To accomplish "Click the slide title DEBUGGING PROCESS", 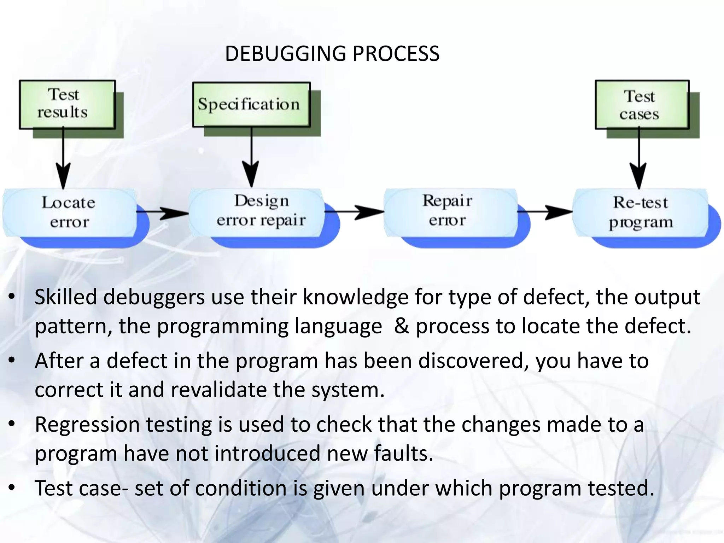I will pyautogui.click(x=332, y=54).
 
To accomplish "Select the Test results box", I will pyautogui.click(x=67, y=104).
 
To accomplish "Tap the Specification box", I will pyautogui.click(x=251, y=104).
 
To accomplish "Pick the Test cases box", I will pyautogui.click(x=642, y=105).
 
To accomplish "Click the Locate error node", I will pyautogui.click(x=69, y=212).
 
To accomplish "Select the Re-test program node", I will pyautogui.click(x=641, y=212).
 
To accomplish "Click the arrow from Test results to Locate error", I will pyautogui.click(x=63, y=159).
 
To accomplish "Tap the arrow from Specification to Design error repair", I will pyautogui.click(x=251, y=157).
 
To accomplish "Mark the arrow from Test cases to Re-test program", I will pyautogui.click(x=639, y=159).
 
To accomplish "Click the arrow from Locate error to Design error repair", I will pyautogui.click(x=163, y=212).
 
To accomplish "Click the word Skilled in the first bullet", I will pyautogui.click(x=66, y=297).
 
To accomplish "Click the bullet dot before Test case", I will pyautogui.click(x=12, y=488).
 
